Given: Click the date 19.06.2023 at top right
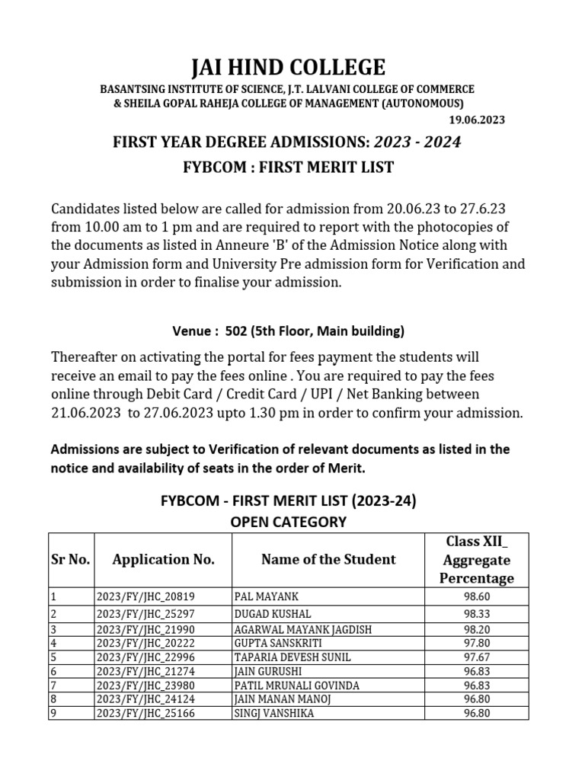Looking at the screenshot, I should [474, 120].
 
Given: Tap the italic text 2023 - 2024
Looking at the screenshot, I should [417, 142].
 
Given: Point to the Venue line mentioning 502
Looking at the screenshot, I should [289, 331].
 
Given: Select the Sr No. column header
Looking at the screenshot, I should [71, 560].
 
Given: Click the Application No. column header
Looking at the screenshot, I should [163, 560].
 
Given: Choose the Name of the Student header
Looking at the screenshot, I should [328, 560].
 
